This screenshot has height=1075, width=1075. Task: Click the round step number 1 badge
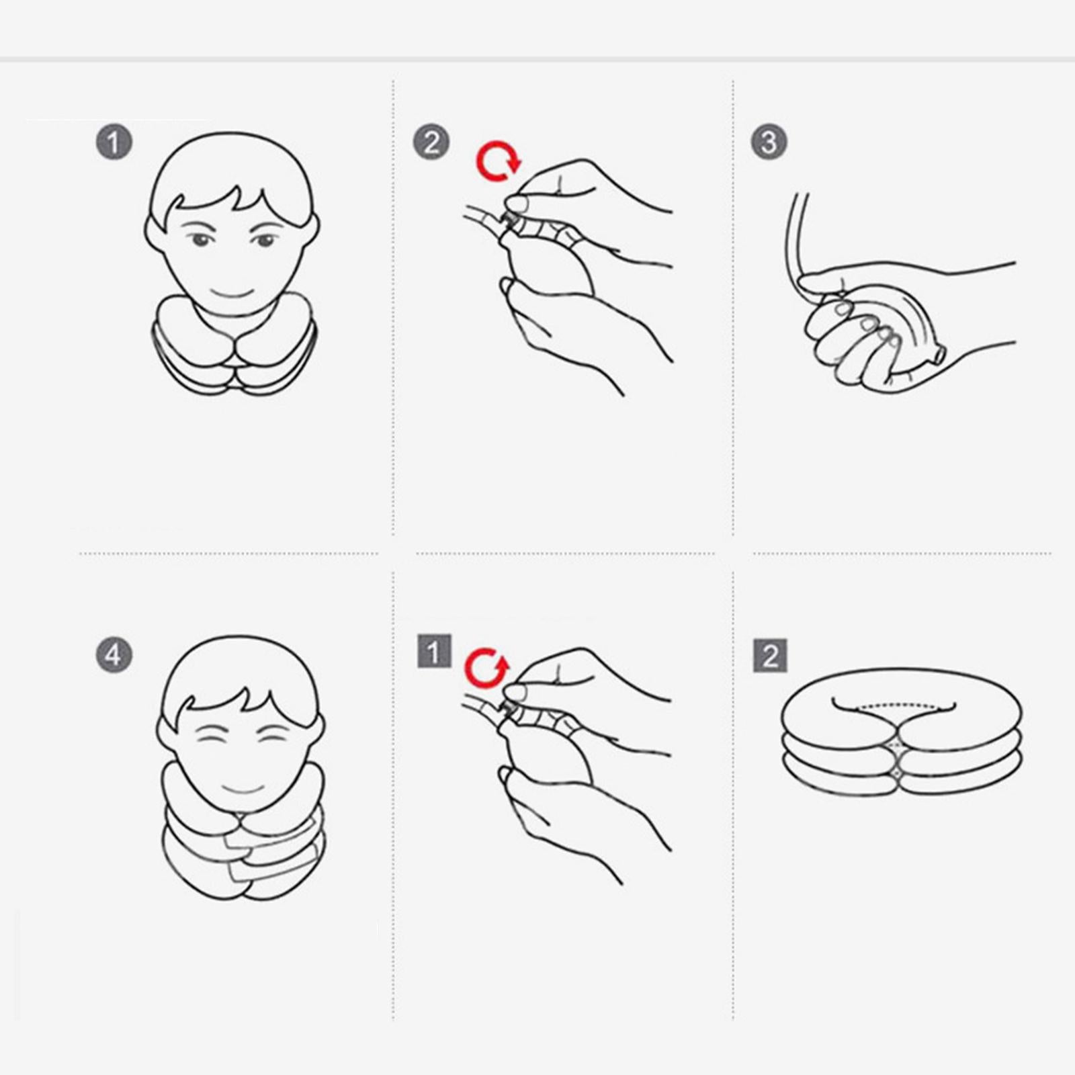(x=114, y=142)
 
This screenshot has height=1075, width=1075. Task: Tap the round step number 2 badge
(x=431, y=142)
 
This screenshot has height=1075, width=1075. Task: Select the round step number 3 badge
(x=769, y=142)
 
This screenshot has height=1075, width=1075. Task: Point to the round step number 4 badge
(x=114, y=655)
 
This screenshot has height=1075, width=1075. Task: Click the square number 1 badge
(x=435, y=651)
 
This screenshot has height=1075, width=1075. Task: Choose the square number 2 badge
(x=770, y=655)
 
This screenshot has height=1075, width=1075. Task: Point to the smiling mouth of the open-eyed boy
(x=232, y=294)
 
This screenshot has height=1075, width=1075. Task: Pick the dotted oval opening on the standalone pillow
(x=894, y=707)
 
